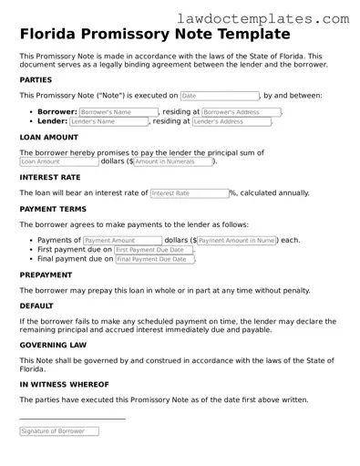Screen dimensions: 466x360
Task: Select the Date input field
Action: (x=219, y=95)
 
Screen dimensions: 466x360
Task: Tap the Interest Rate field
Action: (x=188, y=193)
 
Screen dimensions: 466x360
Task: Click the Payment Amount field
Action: (x=121, y=240)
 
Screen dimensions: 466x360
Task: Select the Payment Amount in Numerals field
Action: (x=237, y=240)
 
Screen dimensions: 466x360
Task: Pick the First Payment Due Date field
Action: (x=154, y=249)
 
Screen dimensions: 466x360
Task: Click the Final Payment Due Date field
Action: (x=155, y=259)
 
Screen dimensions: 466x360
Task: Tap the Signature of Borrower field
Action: (x=72, y=430)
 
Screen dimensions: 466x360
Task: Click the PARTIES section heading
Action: (x=36, y=80)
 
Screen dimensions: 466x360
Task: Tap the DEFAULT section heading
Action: (x=37, y=306)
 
